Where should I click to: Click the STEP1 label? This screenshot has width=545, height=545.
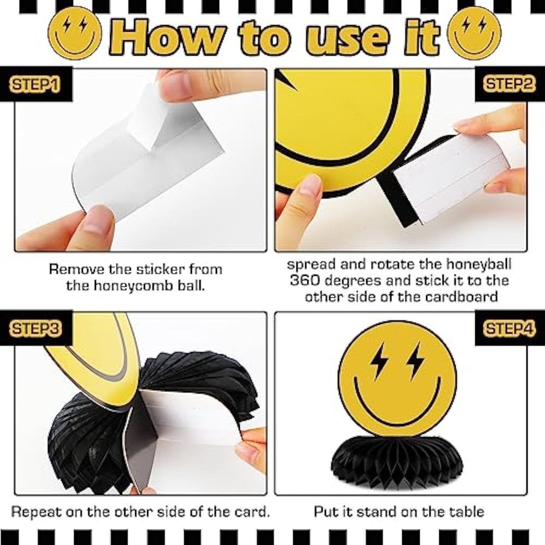pyautogui.click(x=35, y=84)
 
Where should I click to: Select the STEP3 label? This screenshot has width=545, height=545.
pyautogui.click(x=35, y=329)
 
